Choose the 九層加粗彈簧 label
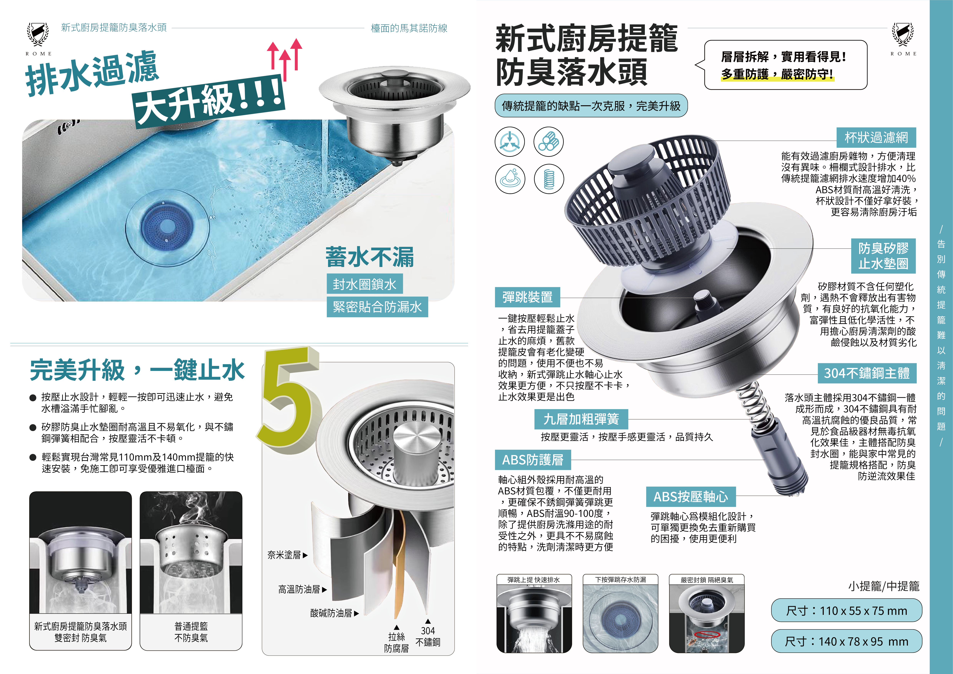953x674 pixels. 581,419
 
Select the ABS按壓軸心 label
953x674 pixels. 691,497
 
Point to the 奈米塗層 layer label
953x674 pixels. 287,555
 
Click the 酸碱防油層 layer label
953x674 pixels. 334,613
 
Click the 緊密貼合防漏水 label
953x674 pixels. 377,307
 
